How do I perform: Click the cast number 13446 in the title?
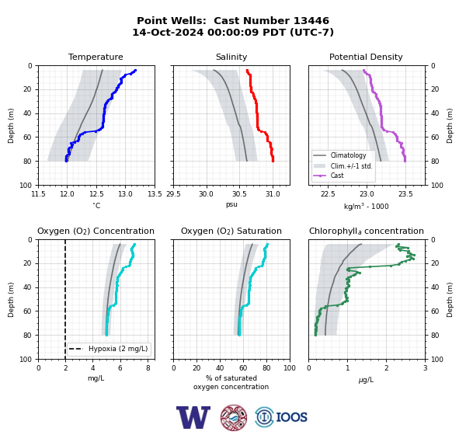pos(311,21)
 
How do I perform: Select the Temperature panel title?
pos(96,57)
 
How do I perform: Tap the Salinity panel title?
pos(231,57)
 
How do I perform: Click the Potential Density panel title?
pos(366,57)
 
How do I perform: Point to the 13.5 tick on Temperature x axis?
pos(155,194)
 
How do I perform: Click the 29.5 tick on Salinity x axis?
pos(173,194)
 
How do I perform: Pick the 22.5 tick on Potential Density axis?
pos(328,194)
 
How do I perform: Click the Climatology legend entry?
pos(348,155)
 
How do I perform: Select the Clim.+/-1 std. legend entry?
pos(352,166)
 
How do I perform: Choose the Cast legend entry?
pos(337,176)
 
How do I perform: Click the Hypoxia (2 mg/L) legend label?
pos(118,349)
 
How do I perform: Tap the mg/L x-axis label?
pos(96,378)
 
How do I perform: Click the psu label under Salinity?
pos(231,204)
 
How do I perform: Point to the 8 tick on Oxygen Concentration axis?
pos(148,368)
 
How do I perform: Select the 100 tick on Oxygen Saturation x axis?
pos(290,368)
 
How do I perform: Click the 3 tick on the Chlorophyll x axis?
pos(426,368)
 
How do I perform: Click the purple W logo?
pos(193,417)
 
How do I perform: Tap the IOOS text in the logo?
pos(291,417)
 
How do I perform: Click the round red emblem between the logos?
pos(234,417)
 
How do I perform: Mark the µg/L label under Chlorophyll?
pos(366,380)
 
